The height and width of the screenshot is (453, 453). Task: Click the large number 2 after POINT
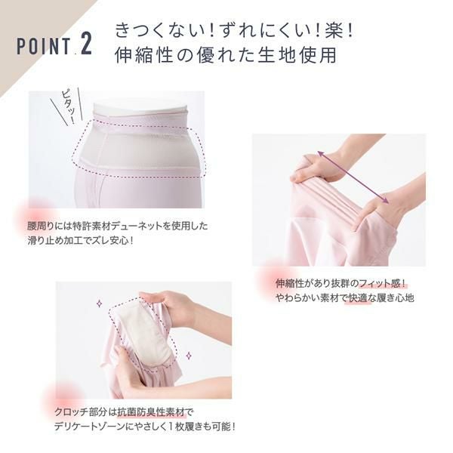86,44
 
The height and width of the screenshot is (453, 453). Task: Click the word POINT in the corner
44,46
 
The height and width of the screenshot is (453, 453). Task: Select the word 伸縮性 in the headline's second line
143,55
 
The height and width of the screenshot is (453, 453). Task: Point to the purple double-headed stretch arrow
353,177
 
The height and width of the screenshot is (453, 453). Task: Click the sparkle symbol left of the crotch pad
99,304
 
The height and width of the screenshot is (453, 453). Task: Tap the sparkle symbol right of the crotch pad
189,356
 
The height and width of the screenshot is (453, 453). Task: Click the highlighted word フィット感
378,283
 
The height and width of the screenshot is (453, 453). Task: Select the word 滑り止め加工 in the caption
54,240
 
